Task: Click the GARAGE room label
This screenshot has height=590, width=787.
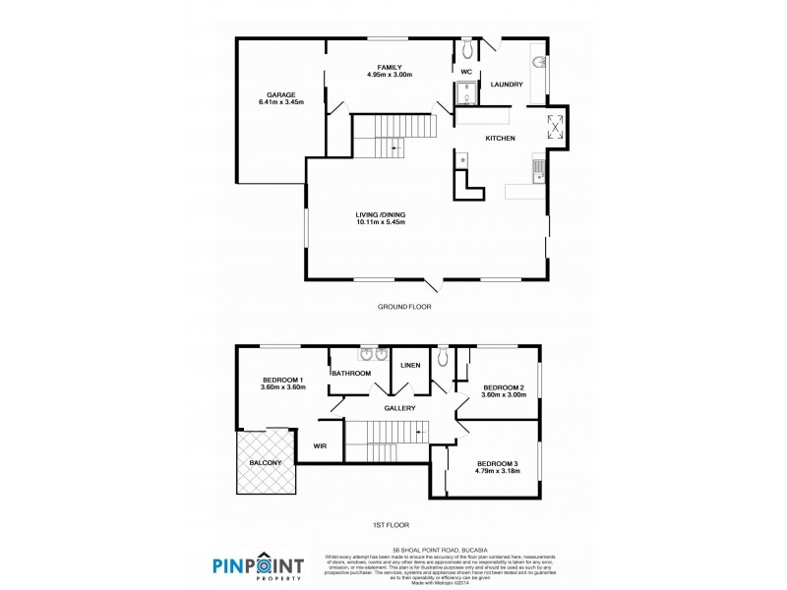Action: click(x=280, y=94)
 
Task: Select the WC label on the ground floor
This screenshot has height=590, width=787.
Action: click(x=466, y=72)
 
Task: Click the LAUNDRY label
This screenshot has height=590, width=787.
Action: click(x=506, y=85)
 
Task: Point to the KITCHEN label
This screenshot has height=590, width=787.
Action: click(x=500, y=139)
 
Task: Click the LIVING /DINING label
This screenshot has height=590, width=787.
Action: click(x=381, y=214)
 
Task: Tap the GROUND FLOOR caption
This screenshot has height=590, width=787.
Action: click(x=404, y=307)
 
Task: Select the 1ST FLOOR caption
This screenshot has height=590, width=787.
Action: click(x=393, y=525)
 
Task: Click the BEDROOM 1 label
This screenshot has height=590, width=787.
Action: click(x=282, y=380)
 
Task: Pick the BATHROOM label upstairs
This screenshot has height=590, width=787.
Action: click(x=350, y=374)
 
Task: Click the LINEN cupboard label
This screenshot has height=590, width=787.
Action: click(x=410, y=366)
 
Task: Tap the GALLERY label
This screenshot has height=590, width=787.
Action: click(x=399, y=408)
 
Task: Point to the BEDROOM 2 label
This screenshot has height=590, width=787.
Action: click(x=503, y=387)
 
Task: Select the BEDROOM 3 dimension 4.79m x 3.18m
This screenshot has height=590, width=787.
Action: click(x=497, y=472)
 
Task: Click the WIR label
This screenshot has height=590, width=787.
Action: click(x=320, y=445)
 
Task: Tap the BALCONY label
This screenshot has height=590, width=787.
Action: click(x=266, y=462)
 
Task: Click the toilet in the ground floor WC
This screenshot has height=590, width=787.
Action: click(x=467, y=48)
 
